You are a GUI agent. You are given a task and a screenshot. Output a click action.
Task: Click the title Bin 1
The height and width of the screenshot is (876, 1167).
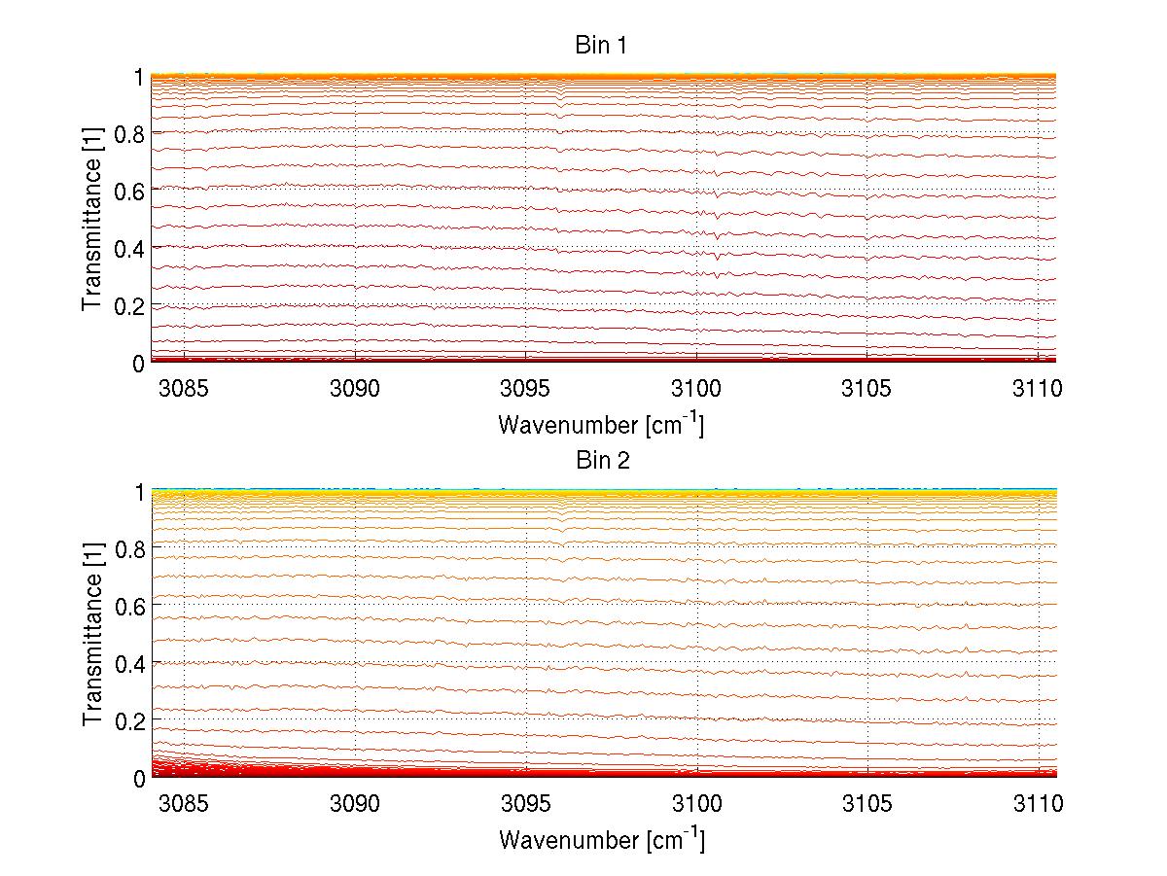(603, 46)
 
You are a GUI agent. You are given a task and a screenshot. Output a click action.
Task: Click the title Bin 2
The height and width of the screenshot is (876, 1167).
(603, 461)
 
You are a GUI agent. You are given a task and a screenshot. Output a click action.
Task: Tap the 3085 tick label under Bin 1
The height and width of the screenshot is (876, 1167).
(184, 388)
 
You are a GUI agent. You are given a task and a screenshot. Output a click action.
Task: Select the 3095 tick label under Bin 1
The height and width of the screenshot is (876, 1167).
(526, 388)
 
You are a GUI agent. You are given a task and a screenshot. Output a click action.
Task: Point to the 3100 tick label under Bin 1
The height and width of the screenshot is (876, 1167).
(696, 388)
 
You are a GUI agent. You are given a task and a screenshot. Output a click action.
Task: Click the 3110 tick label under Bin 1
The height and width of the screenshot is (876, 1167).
(1039, 388)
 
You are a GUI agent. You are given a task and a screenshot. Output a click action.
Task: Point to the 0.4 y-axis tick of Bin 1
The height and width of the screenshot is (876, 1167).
(129, 248)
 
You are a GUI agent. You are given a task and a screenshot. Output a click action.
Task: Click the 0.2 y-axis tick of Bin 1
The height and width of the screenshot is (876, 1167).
(129, 305)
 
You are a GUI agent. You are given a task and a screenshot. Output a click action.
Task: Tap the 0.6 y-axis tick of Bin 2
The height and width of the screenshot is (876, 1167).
(129, 606)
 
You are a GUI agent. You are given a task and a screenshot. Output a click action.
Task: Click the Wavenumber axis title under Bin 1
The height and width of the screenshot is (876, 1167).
(601, 424)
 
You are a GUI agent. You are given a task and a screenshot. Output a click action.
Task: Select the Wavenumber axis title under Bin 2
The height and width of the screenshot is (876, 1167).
(601, 839)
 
